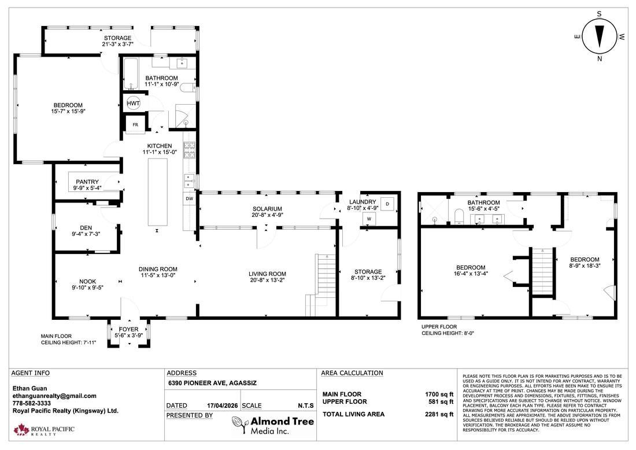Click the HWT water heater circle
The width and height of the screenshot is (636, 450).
click(x=134, y=103)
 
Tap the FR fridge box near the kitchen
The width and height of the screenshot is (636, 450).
click(x=135, y=124)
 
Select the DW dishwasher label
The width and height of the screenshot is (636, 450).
click(x=189, y=198)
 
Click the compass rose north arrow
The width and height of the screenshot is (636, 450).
click(x=600, y=36)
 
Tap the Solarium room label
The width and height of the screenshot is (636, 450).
click(x=267, y=209)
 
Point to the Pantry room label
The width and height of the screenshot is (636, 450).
click(x=87, y=182)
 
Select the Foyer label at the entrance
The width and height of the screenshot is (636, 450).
click(x=129, y=329)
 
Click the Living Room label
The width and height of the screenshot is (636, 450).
click(x=267, y=274)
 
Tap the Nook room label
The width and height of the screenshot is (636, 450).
click(x=87, y=281)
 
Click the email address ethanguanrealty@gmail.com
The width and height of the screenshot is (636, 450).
click(x=54, y=396)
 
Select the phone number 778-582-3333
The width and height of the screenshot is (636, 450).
click(x=32, y=403)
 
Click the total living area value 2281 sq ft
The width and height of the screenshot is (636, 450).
click(x=439, y=414)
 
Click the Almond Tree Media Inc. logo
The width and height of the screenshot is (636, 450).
click(x=273, y=425)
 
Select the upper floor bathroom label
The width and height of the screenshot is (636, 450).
click(x=483, y=202)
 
